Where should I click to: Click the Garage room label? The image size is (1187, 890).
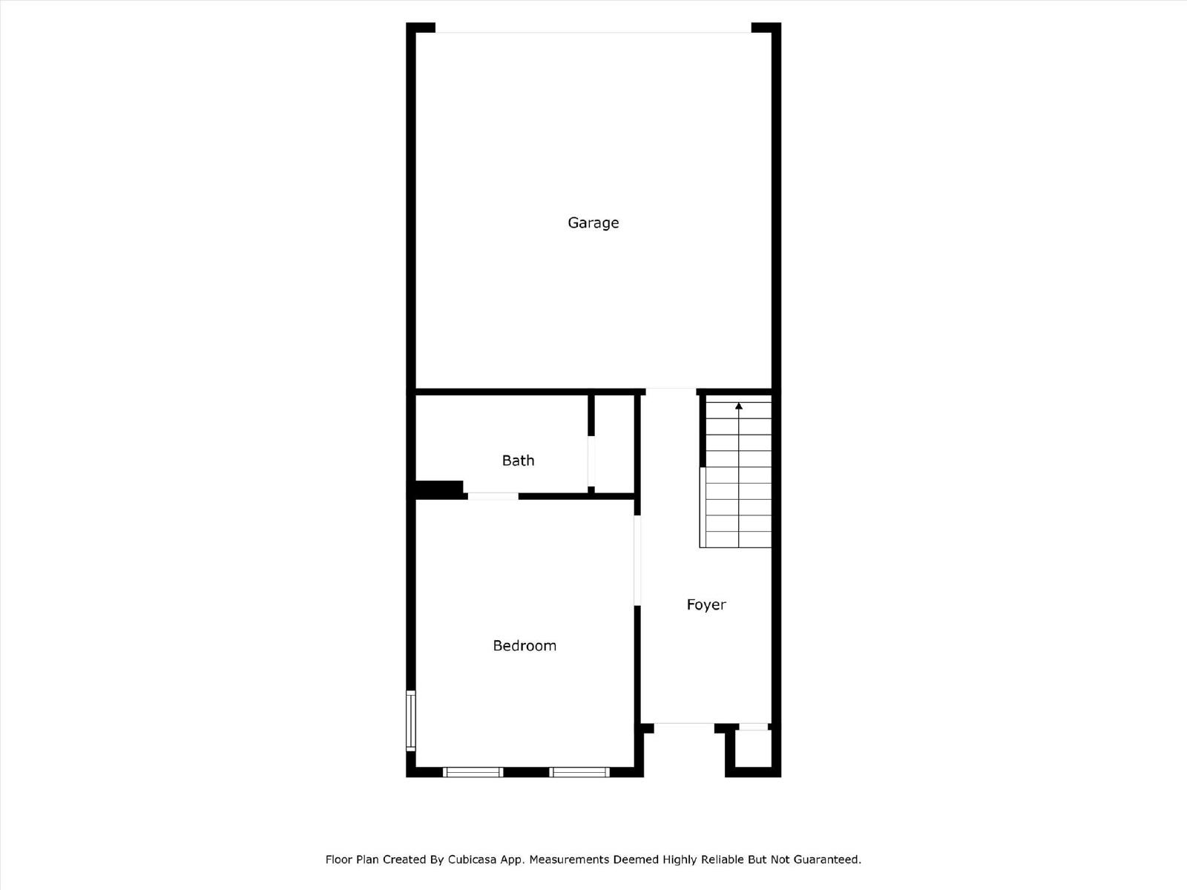[x=593, y=222]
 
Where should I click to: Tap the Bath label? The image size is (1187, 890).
[x=518, y=461]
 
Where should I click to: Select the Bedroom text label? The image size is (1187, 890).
[x=525, y=646]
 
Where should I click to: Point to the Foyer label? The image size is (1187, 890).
[x=706, y=604]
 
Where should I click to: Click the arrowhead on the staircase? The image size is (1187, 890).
[x=739, y=406]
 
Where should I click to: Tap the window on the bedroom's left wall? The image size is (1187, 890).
[x=411, y=721]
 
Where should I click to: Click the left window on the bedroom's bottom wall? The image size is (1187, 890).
[x=473, y=772]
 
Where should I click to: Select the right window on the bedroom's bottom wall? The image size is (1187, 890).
[x=579, y=772]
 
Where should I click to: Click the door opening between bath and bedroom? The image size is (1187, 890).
[x=493, y=496]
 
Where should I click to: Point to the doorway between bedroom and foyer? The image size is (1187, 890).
[x=637, y=561]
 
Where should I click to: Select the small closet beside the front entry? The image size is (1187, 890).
[x=753, y=748]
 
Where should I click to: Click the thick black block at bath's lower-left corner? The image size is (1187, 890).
[x=438, y=489]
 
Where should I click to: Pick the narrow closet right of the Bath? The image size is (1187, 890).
[x=614, y=444]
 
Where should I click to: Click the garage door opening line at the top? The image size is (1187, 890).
[x=593, y=33]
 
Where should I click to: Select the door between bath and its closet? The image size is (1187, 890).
[x=591, y=461]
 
